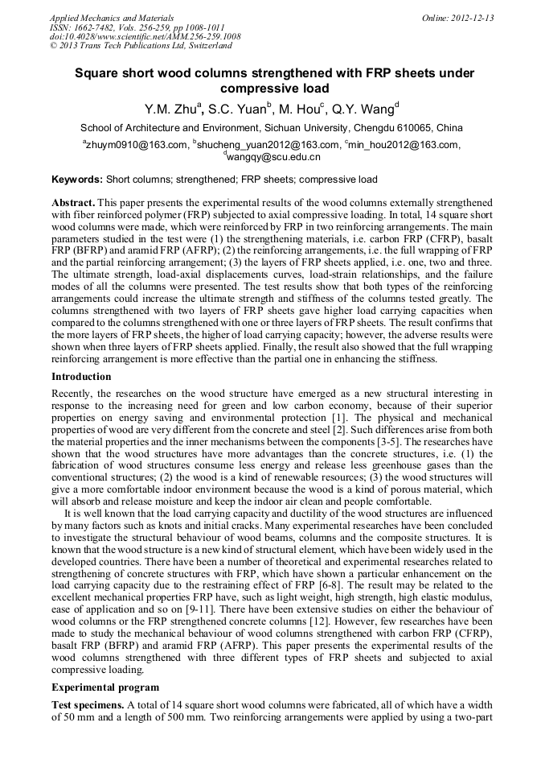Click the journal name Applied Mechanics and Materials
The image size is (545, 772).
tap(102, 18)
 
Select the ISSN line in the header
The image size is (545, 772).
tap(129, 27)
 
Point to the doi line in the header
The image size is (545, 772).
tap(145, 36)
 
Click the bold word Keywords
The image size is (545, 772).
tap(76, 179)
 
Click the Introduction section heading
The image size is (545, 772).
tap(81, 377)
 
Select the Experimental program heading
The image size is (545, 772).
tap(105, 687)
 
